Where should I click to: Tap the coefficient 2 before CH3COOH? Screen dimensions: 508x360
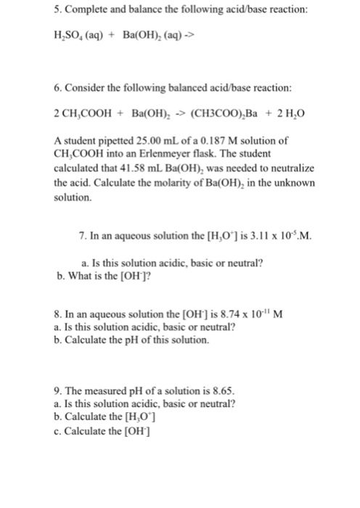tap(57, 113)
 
